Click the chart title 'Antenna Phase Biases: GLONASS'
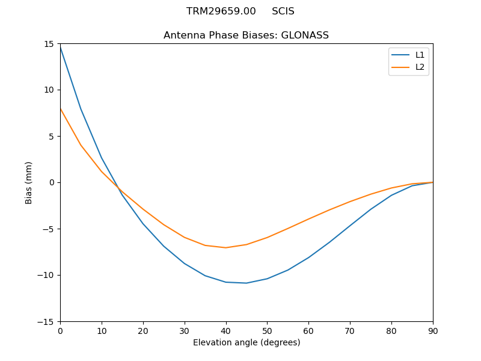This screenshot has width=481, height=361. (246, 35)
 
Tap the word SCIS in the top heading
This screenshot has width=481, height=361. (283, 11)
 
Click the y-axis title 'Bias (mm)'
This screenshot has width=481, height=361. (29, 182)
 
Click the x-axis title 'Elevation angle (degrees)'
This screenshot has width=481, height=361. (246, 343)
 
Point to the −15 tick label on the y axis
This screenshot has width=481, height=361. (47, 321)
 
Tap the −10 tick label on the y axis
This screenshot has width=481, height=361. (47, 275)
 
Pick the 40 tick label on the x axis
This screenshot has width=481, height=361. (225, 330)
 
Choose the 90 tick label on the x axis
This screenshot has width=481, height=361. (432, 330)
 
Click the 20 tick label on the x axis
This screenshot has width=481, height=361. (143, 330)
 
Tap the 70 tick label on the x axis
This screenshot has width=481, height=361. (350, 330)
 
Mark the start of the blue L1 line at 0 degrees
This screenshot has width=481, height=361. (60, 46)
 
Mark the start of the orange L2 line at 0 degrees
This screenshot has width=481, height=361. (60, 108)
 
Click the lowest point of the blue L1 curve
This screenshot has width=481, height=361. (247, 283)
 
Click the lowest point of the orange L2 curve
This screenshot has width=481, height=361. (225, 247)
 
